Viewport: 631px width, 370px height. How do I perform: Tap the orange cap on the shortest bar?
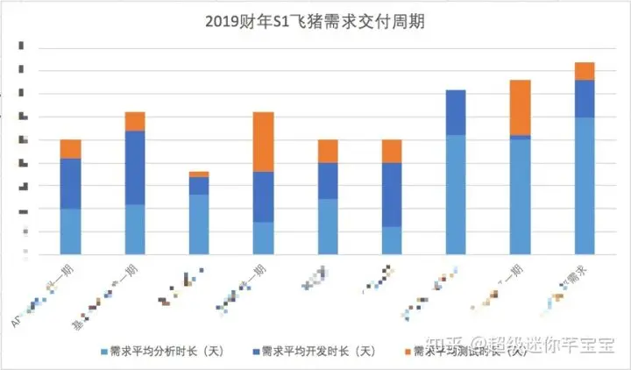[x=199, y=174]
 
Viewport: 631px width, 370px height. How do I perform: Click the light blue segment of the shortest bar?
[x=199, y=224]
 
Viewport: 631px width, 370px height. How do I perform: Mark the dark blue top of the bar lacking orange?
[x=456, y=112]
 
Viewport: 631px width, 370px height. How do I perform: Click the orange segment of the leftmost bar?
[x=70, y=149]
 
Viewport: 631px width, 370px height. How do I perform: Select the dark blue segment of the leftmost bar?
[x=70, y=183]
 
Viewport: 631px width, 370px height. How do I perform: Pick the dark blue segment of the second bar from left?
[x=134, y=167]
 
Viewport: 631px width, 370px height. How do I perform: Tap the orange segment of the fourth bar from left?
[x=263, y=142]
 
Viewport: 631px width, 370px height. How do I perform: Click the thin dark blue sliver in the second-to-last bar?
[x=520, y=137]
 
